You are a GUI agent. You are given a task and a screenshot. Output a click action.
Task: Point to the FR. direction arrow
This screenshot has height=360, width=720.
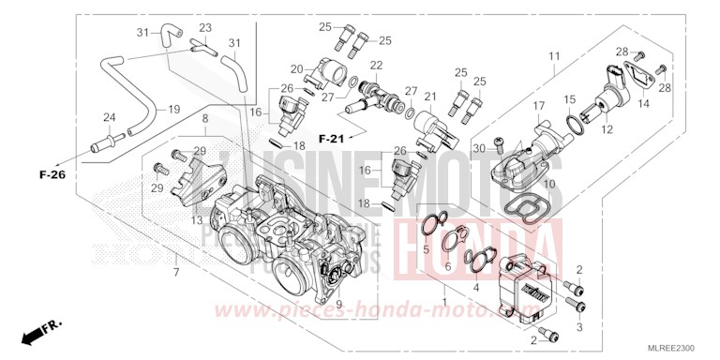(x=37, y=330)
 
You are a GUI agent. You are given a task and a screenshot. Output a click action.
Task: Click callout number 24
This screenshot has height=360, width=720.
(x=109, y=117)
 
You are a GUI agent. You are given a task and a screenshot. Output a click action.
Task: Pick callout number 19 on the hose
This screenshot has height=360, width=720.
(x=174, y=110)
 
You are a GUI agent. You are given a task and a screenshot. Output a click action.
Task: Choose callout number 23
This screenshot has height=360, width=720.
(x=205, y=28)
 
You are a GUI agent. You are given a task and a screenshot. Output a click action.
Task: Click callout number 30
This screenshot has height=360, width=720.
(x=478, y=147)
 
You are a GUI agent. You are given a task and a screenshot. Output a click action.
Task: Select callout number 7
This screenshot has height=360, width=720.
(x=175, y=272)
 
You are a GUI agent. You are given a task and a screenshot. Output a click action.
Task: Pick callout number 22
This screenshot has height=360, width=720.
(x=376, y=65)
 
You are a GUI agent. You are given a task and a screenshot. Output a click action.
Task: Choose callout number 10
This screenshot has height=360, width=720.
(x=549, y=184)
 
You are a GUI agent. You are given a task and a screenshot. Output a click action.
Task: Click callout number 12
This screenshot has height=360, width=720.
(x=607, y=128)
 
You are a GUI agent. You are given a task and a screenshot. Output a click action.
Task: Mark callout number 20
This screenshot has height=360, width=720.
(x=296, y=69)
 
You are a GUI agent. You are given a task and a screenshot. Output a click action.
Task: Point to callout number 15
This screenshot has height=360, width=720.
(x=569, y=98)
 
